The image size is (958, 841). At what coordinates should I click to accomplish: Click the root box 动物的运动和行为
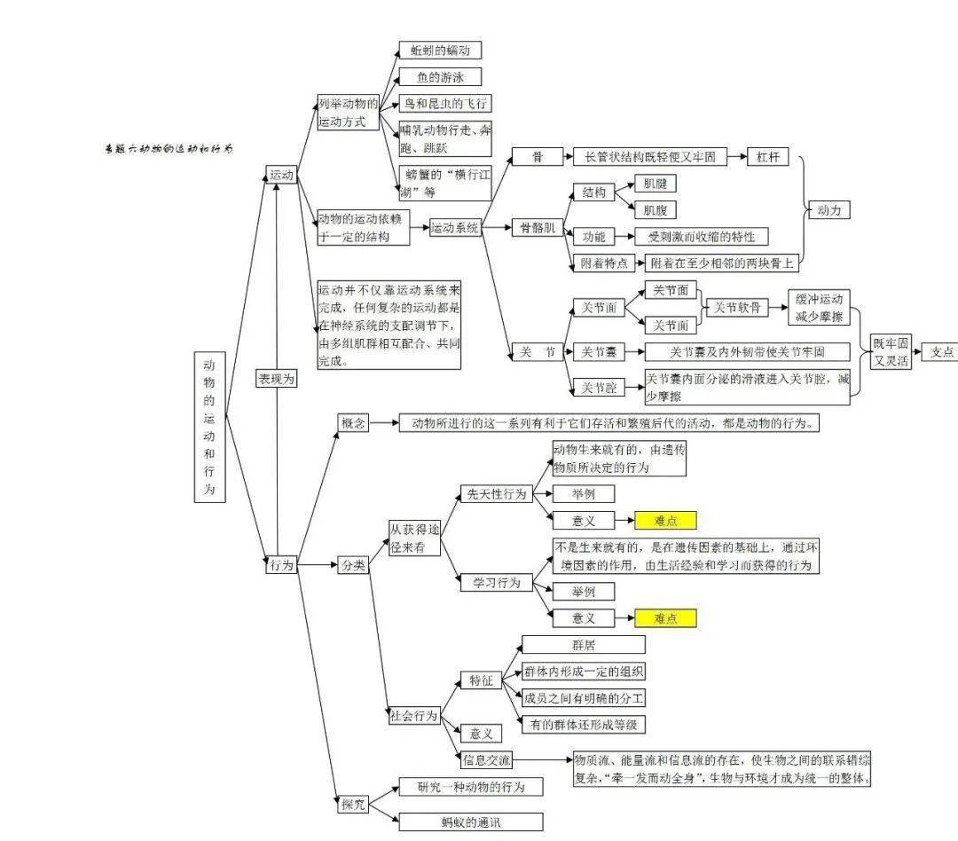point(209,427)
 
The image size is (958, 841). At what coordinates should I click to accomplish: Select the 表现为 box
point(276,378)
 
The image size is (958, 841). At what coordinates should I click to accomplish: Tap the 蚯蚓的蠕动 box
point(440,51)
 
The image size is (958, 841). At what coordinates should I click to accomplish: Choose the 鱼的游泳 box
point(440,77)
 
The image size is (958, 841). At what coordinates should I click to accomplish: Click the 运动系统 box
point(455,228)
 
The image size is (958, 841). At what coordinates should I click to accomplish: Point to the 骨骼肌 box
point(537,228)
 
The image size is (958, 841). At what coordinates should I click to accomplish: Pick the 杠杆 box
point(768,157)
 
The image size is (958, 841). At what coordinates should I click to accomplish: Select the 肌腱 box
point(659,185)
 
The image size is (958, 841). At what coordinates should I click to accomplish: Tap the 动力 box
point(828,210)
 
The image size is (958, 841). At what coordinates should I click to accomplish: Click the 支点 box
point(940,351)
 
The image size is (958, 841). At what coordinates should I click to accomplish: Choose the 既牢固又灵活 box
point(890,351)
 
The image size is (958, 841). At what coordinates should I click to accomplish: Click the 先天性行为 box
point(496,494)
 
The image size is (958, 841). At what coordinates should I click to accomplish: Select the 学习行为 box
point(496,583)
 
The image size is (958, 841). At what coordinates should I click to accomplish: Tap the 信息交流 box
point(486,760)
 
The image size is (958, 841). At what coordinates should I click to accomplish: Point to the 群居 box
point(583,645)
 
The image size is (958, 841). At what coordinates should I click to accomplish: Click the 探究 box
point(353,805)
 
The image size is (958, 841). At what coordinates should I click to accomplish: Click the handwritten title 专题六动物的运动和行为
point(169,149)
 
